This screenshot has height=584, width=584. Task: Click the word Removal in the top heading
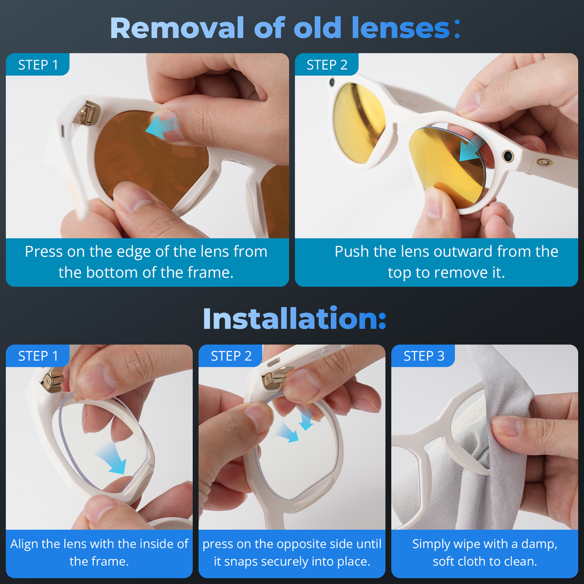coord(177,27)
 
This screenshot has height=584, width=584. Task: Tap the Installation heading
coord(294,318)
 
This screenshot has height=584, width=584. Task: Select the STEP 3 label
coord(424,356)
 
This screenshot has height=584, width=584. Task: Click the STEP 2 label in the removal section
coord(326,65)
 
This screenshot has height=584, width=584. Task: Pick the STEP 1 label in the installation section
coord(38,356)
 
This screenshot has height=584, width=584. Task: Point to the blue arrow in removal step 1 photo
coord(162,126)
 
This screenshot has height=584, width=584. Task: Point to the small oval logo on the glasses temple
coord(544,162)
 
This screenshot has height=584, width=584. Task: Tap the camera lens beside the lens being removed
coord(507,156)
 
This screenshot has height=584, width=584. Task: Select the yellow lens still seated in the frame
coord(359,123)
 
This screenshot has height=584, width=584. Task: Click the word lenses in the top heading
coord(401,27)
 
